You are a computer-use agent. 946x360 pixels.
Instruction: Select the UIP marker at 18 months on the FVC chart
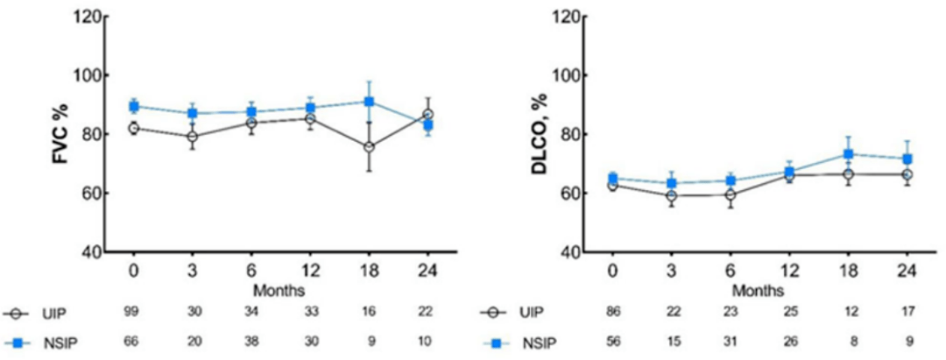tap(370, 147)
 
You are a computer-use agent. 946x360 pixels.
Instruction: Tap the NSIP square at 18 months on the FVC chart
tap(370, 102)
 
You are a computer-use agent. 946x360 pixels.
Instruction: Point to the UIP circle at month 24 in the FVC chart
tap(427, 115)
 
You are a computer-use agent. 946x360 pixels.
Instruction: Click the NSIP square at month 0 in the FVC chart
tap(134, 106)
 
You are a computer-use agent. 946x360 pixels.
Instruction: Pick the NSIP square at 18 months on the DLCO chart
tap(848, 154)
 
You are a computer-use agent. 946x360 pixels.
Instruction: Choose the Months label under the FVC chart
tap(279, 289)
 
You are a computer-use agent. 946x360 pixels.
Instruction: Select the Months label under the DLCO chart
tap(759, 289)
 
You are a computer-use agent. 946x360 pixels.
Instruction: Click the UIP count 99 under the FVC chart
tap(134, 313)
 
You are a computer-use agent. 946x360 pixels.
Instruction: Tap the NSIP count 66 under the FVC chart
tap(134, 342)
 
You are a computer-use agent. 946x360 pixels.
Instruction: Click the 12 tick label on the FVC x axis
tap(310, 271)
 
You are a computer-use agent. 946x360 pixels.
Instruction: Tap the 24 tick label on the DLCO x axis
tap(907, 271)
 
